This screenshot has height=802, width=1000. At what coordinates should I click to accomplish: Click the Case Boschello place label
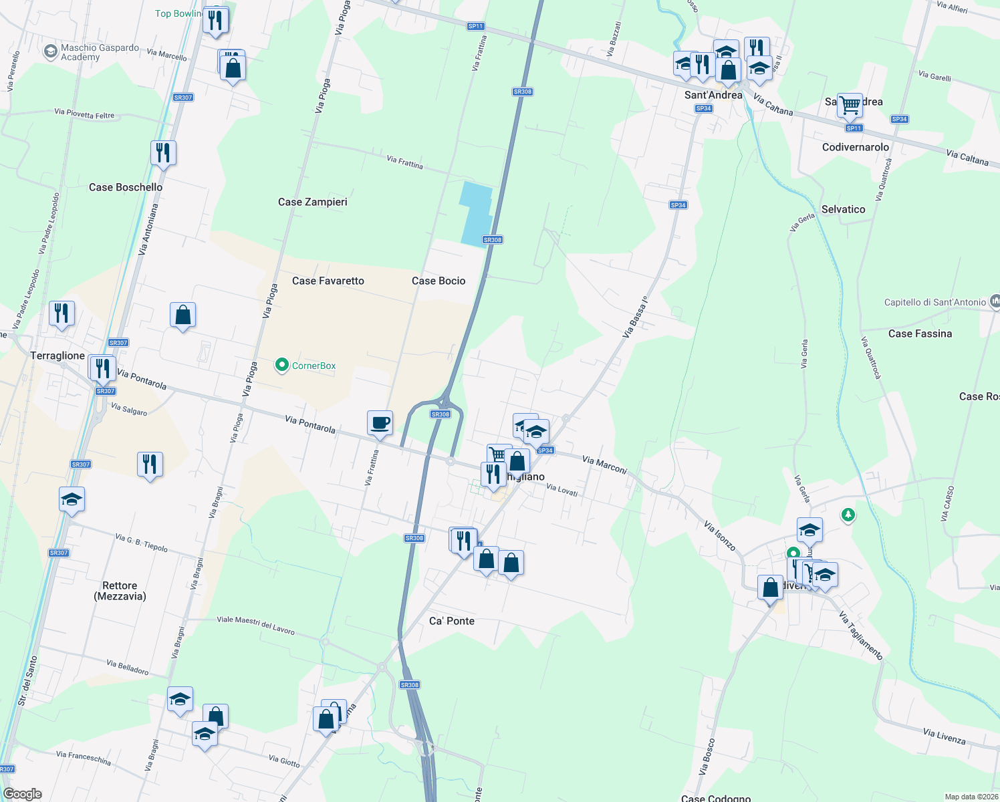coord(126,187)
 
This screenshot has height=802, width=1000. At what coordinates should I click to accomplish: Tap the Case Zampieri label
coord(312,202)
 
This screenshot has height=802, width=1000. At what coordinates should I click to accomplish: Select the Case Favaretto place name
coord(328,281)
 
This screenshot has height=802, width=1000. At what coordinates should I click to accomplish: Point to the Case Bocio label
coord(439,281)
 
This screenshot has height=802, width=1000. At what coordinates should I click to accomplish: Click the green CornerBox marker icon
coord(282,365)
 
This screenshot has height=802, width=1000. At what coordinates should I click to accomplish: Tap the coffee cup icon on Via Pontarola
coord(380,423)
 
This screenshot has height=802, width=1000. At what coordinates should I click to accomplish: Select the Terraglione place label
coord(57,356)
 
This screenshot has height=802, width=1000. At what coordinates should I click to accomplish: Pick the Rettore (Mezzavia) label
coord(120,591)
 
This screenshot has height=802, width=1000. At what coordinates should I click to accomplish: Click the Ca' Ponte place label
coord(452,621)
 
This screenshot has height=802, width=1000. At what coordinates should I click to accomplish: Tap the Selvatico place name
coord(843,209)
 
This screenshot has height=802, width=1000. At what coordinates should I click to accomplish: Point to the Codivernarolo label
coord(856,147)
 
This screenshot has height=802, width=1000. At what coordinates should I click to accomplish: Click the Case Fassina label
coord(920,333)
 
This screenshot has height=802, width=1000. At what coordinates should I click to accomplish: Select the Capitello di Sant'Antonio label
coord(934,302)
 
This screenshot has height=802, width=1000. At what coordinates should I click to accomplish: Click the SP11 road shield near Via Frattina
coord(475,26)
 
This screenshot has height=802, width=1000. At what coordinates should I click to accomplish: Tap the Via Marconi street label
coord(604,464)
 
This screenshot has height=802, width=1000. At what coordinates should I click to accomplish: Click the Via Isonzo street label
coord(720,536)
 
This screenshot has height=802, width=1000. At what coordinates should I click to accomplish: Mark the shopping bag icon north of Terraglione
coord(182,315)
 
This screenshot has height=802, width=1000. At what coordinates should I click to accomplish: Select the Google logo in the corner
coord(23,794)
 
